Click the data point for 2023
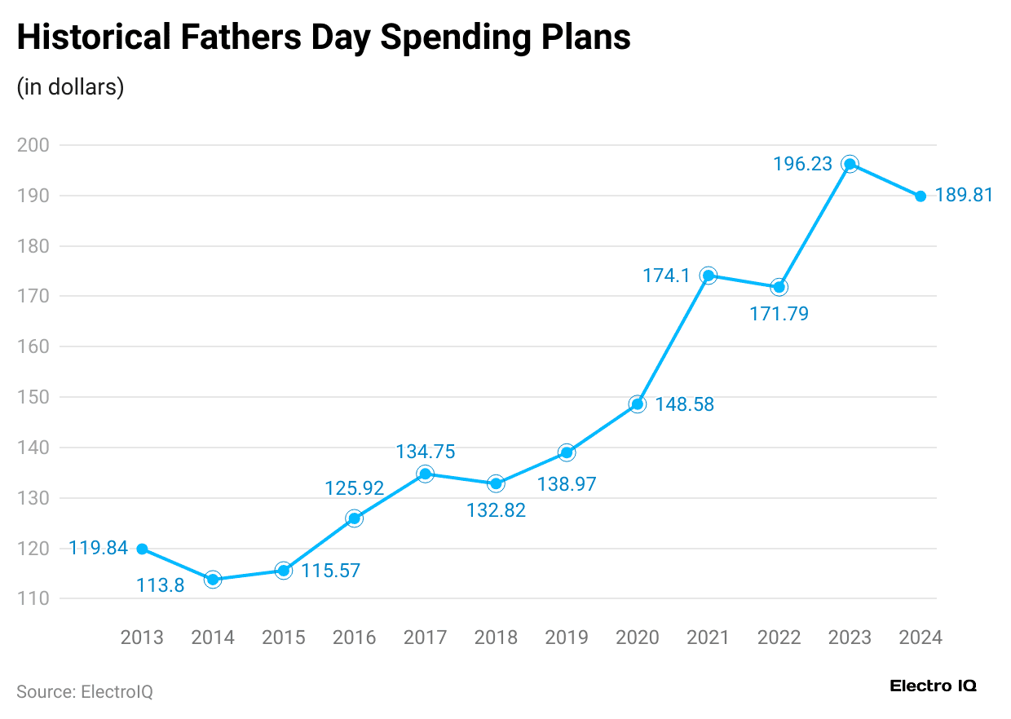850,164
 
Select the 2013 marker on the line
142,549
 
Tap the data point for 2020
638,404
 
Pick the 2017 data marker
425,474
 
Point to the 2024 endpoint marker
920,196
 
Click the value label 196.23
802,164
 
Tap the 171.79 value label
779,313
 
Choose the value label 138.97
567,484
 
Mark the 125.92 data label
354,488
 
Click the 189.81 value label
964,196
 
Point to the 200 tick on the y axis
33,145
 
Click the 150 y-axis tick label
33,397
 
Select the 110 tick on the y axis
33,598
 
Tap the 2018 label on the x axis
496,637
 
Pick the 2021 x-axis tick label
708,637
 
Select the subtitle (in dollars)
70,86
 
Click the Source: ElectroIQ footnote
85,692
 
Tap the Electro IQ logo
933,686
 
